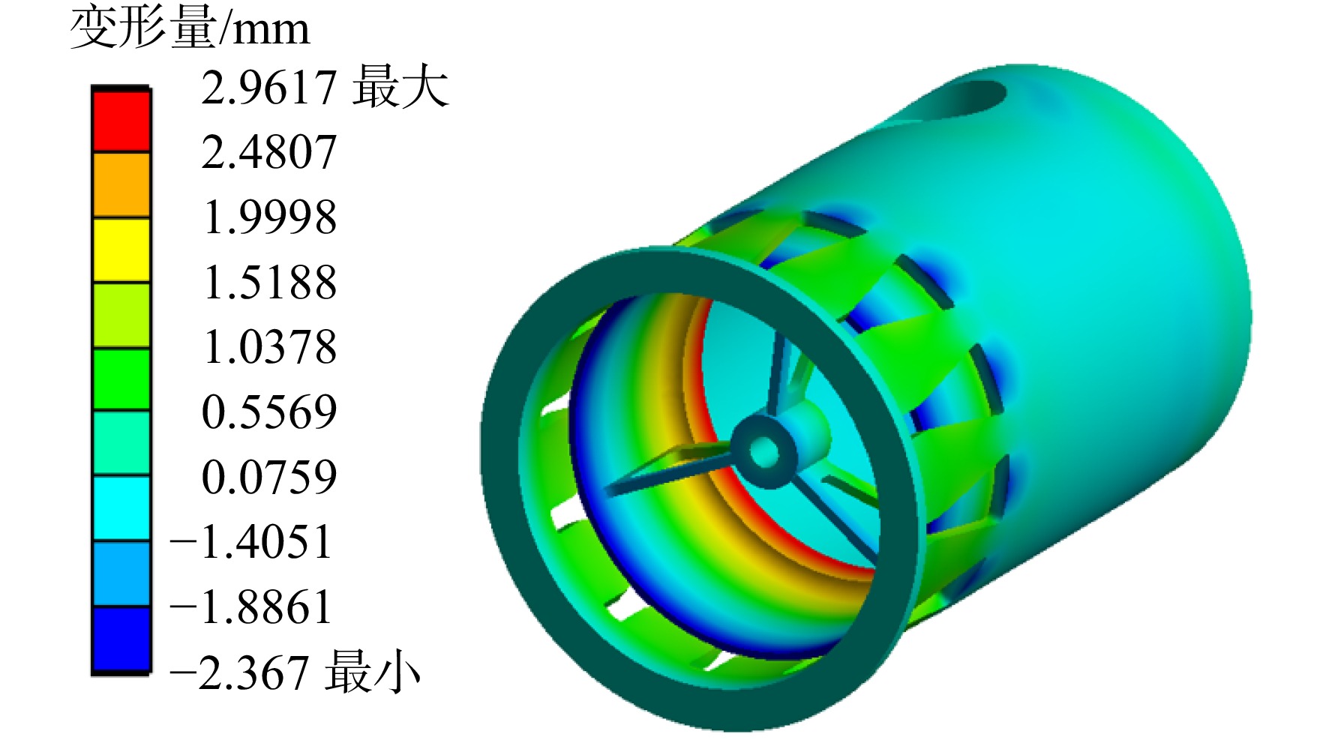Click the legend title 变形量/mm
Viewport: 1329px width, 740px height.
click(x=189, y=28)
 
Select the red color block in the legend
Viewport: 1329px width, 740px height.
click(x=121, y=121)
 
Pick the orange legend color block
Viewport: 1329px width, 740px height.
click(x=121, y=185)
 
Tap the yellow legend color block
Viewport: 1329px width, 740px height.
click(x=121, y=250)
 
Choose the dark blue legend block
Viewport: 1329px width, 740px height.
click(x=121, y=639)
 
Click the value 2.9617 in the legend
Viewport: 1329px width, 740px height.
click(x=268, y=88)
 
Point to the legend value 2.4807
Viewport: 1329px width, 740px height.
click(x=268, y=153)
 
